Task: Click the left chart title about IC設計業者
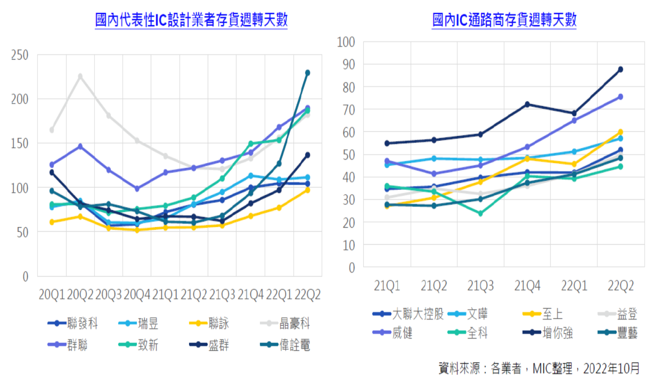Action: pyautogui.click(x=191, y=20)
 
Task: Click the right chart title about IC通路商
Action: pyautogui.click(x=504, y=20)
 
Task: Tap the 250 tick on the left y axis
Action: pyautogui.click(x=20, y=55)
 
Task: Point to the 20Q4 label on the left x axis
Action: pyautogui.click(x=137, y=294)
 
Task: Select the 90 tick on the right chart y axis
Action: pyautogui.click(x=346, y=65)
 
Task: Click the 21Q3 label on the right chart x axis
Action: pyautogui.click(x=480, y=286)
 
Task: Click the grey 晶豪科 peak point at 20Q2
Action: pyautogui.click(x=80, y=76)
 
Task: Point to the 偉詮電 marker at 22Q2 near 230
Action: pyautogui.click(x=307, y=73)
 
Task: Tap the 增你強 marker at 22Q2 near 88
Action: pyautogui.click(x=620, y=69)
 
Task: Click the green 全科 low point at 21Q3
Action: pyautogui.click(x=480, y=214)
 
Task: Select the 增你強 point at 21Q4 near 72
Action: pyautogui.click(x=527, y=104)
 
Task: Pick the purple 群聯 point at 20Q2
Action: pyautogui.click(x=80, y=147)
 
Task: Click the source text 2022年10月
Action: pyautogui.click(x=611, y=368)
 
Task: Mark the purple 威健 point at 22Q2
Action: pyautogui.click(x=620, y=97)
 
